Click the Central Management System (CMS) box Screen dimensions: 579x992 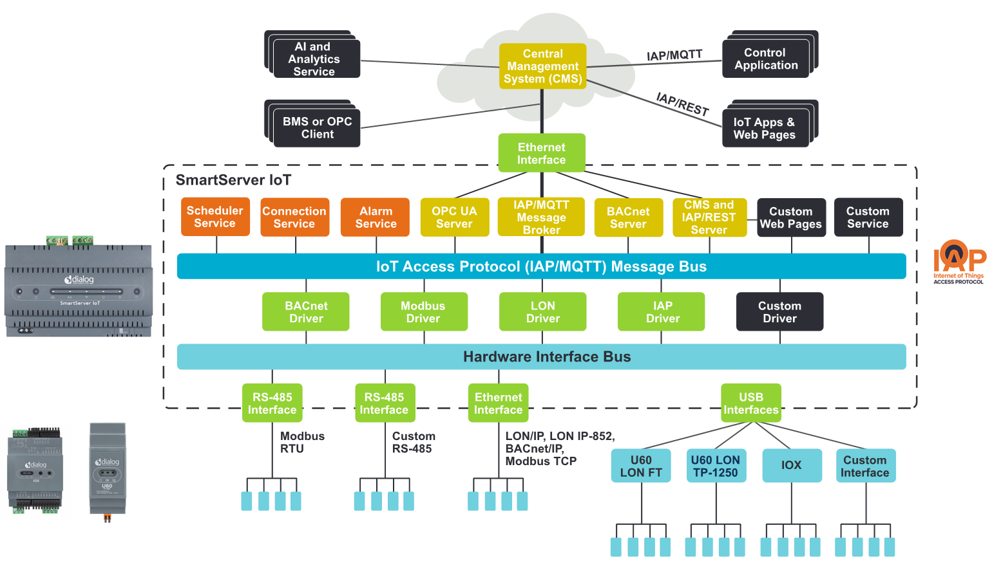[x=542, y=66]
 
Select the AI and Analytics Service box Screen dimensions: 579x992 [x=314, y=59]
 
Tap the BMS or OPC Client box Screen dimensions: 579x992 [x=317, y=128]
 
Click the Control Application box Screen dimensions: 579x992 [x=765, y=59]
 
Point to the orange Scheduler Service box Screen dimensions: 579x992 [x=215, y=217]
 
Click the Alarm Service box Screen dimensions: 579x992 [x=376, y=217]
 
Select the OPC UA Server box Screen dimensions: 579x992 [x=454, y=217]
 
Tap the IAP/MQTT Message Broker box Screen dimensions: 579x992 [x=541, y=217]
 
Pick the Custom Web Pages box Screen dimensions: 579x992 [x=790, y=217]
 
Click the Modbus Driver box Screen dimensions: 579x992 [x=424, y=312]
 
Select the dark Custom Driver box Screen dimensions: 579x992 [x=779, y=312]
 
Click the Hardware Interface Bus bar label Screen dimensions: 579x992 [x=546, y=357]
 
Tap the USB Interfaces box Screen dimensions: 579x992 [x=751, y=403]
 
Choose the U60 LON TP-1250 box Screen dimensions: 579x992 [x=716, y=466]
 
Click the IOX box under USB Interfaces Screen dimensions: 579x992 [x=792, y=465]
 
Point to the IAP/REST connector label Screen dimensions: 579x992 [x=683, y=104]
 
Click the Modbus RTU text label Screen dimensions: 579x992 [x=301, y=443]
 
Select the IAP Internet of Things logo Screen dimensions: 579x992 [x=959, y=262]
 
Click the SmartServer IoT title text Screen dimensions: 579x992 [x=233, y=180]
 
